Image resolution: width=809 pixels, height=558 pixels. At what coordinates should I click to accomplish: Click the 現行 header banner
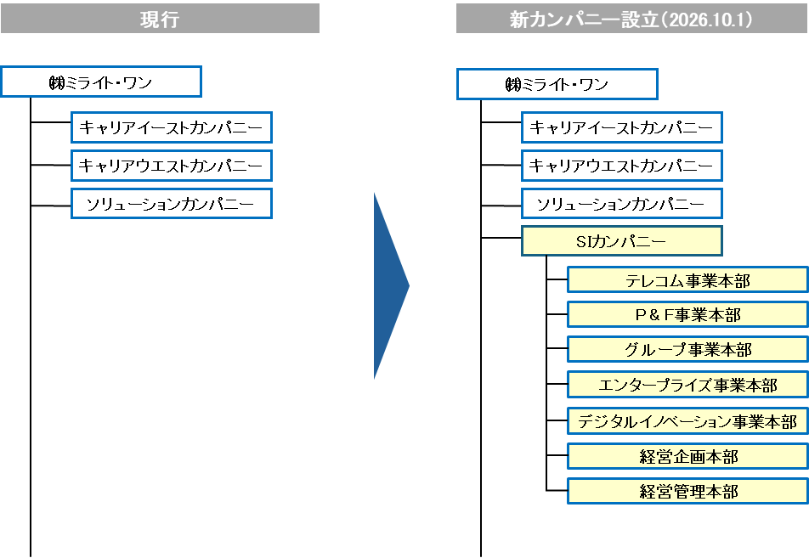tap(160, 19)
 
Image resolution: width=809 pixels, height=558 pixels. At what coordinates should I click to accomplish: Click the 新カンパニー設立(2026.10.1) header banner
tap(631, 19)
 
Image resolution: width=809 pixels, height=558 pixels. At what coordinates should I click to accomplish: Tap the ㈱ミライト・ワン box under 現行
tap(101, 82)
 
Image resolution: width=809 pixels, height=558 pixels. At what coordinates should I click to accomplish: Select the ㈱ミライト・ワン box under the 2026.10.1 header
tap(557, 84)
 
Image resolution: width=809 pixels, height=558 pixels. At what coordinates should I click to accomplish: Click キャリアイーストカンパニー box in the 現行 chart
tap(172, 127)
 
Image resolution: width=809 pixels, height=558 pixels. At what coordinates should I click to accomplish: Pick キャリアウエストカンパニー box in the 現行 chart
tap(172, 166)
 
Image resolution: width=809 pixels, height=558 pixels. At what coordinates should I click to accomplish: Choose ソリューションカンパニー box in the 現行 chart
tap(172, 204)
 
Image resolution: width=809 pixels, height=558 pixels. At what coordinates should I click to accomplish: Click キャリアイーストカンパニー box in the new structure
tap(622, 127)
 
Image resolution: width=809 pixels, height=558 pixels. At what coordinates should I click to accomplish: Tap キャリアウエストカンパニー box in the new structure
tap(622, 166)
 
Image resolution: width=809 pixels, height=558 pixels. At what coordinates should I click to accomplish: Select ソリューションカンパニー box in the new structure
tap(622, 204)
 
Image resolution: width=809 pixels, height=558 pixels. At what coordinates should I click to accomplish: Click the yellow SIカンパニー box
tap(622, 241)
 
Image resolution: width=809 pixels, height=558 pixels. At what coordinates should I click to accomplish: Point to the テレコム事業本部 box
tap(687, 279)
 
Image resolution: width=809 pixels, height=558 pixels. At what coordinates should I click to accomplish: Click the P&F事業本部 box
tap(687, 314)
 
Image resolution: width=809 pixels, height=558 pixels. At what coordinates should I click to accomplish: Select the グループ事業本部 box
tap(687, 349)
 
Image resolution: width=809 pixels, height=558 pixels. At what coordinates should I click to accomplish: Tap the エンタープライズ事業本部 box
tap(687, 384)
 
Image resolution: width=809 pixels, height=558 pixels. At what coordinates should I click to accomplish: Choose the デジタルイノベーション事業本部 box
tap(687, 420)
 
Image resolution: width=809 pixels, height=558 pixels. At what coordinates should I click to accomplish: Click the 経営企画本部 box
tap(687, 456)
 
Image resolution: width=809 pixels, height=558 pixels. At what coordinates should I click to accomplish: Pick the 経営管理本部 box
tap(687, 491)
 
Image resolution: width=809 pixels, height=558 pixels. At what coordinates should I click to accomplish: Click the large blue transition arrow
tap(389, 286)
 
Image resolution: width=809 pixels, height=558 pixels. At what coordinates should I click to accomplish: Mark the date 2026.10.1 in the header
tap(706, 19)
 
